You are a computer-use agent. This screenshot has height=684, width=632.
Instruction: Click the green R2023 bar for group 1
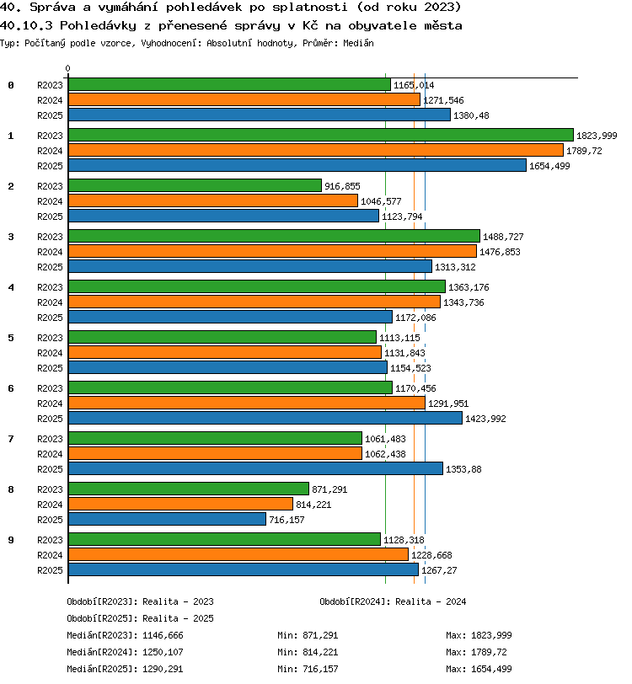(x=321, y=135)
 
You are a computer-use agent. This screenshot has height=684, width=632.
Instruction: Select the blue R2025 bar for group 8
(x=167, y=519)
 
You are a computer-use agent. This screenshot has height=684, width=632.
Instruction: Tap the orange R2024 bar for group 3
(x=272, y=251)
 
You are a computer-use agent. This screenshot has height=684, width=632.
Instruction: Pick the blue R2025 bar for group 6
(x=265, y=418)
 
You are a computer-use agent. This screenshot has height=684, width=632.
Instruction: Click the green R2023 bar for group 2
(x=195, y=185)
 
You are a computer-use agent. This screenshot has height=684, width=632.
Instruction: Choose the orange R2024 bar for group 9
(x=238, y=554)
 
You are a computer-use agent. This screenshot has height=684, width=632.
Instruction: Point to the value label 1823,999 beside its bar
(x=597, y=136)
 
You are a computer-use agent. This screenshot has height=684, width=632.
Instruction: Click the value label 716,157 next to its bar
(x=287, y=520)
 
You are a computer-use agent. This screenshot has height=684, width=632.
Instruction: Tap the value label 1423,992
(x=485, y=419)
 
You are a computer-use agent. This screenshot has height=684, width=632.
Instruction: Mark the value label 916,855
(x=342, y=186)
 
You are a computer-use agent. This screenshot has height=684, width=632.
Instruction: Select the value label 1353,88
(x=463, y=469)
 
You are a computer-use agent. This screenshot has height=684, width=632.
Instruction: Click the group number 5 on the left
(x=11, y=338)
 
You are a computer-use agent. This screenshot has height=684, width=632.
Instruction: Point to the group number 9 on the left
(x=11, y=540)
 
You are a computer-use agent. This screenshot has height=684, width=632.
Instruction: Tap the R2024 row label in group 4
(x=50, y=302)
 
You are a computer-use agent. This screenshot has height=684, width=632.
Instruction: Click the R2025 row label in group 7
(x=50, y=469)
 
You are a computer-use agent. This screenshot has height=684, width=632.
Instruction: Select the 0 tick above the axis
(x=67, y=68)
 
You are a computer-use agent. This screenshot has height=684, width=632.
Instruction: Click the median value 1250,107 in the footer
(x=163, y=652)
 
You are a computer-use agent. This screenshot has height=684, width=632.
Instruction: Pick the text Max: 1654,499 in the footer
(x=479, y=669)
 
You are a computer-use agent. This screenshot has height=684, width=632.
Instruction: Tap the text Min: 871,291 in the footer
(x=308, y=635)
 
